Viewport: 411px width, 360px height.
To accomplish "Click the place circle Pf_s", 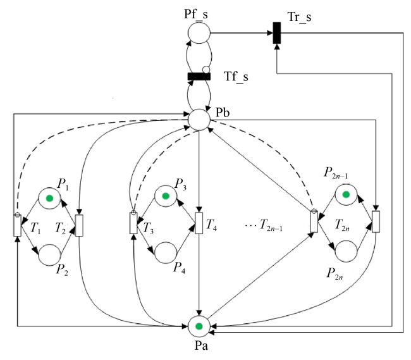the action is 199,33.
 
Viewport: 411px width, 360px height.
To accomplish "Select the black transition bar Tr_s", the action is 277,33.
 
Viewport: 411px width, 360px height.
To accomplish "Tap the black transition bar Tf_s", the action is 199,77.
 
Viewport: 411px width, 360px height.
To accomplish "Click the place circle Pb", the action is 199,120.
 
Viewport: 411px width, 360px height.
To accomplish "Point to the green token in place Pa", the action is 199,326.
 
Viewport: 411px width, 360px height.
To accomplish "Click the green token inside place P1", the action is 49,198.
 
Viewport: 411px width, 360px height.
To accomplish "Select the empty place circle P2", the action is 49,255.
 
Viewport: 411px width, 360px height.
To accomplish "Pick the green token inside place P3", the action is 166,196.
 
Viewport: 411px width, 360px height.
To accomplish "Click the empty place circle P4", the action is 166,252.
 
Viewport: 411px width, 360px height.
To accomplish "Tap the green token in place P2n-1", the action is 346,195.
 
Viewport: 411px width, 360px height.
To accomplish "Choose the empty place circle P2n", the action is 346,251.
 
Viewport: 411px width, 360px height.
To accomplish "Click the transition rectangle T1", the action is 17,225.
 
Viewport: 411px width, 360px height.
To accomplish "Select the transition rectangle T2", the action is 79,225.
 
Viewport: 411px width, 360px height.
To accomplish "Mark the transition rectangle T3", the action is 133,223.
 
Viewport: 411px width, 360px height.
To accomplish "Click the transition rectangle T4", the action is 199,223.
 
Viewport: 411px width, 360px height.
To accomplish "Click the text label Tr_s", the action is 299,17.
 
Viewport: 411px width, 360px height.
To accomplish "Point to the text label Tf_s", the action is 236,77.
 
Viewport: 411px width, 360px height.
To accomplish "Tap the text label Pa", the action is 201,345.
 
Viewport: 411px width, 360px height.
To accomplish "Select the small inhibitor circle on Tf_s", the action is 206,70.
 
